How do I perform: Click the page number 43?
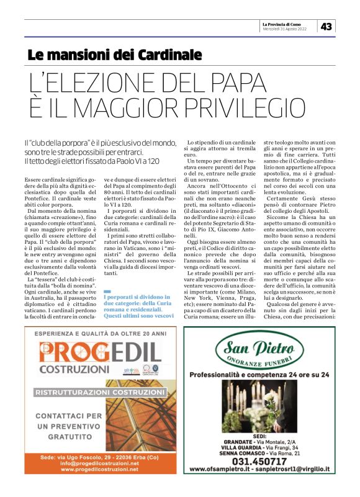[x=326, y=27]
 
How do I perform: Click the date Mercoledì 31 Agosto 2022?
[x=285, y=29]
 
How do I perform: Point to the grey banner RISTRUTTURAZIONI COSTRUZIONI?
[x=99, y=393]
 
